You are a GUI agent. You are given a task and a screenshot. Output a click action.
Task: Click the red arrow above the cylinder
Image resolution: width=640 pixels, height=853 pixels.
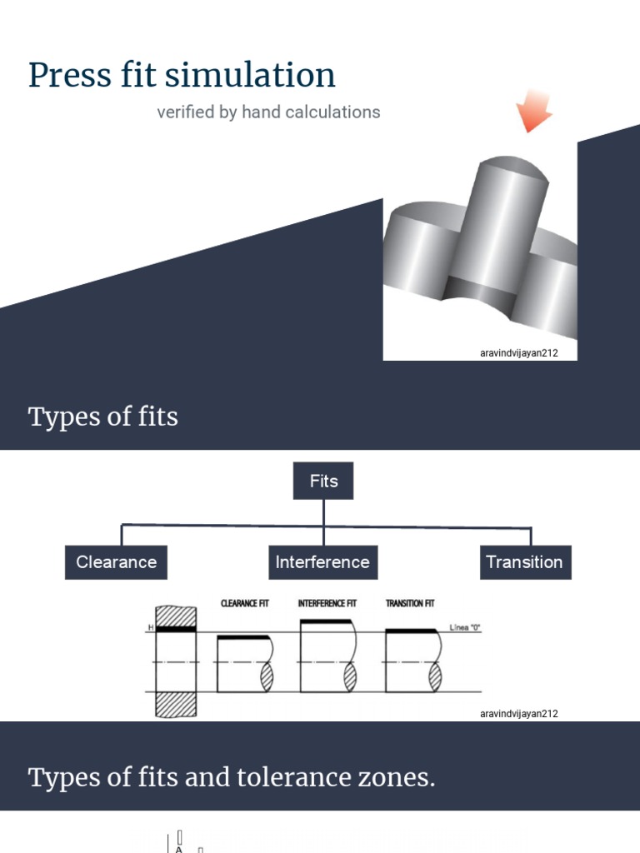coord(532,110)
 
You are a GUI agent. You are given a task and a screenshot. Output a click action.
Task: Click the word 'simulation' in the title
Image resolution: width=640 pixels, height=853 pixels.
coord(250,75)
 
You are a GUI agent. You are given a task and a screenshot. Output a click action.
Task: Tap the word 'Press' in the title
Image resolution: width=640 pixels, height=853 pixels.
coord(70,75)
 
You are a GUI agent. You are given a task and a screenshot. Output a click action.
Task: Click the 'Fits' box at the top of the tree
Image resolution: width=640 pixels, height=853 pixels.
coord(323,481)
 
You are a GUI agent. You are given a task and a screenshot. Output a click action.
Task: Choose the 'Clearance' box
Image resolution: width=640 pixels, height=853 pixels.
coord(116,562)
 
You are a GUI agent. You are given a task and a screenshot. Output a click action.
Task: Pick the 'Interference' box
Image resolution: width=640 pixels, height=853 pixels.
coord(322,562)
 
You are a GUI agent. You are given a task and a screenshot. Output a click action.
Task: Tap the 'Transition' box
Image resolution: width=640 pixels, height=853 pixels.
coord(524,562)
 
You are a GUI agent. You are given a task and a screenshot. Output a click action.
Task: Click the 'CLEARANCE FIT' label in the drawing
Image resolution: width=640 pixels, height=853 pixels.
coord(244,603)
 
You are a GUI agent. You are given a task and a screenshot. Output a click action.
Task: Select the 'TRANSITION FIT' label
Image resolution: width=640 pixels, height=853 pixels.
coord(409,603)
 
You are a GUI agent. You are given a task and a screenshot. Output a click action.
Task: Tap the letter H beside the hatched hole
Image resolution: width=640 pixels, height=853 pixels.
coord(151,626)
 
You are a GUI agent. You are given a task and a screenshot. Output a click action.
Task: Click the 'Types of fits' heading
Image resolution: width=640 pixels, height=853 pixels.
coord(103,417)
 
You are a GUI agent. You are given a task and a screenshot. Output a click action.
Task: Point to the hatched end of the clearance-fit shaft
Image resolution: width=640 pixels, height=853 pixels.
coord(267,676)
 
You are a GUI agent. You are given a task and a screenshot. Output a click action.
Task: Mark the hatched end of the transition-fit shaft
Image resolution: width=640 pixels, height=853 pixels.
coord(434,675)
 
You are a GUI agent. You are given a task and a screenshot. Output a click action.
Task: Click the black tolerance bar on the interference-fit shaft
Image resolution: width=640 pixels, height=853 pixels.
coord(325,621)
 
